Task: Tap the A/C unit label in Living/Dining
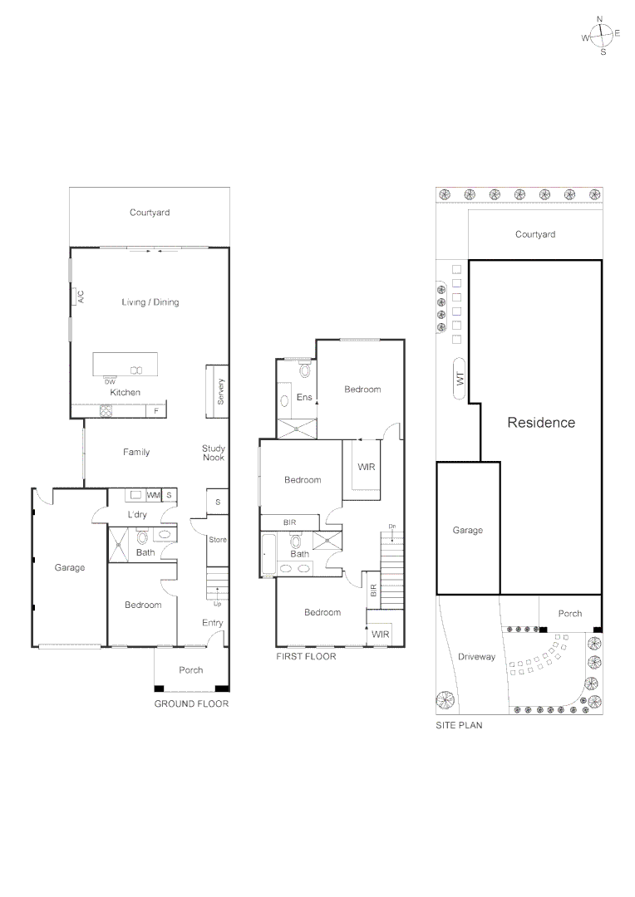(x=81, y=297)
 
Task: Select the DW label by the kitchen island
(x=110, y=381)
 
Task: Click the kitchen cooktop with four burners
(x=106, y=410)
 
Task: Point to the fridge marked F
(x=155, y=410)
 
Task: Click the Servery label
(x=220, y=391)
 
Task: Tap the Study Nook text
(x=213, y=453)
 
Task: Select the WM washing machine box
(x=153, y=496)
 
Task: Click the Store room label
(x=218, y=540)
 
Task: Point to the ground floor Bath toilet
(x=166, y=536)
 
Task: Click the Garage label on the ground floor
(x=70, y=568)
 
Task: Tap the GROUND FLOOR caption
(x=191, y=703)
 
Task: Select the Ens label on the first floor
(x=304, y=398)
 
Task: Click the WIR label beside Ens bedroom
(x=366, y=467)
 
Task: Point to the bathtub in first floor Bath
(x=268, y=554)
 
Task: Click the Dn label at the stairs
(x=392, y=527)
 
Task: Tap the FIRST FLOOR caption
(x=306, y=656)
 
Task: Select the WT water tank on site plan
(x=459, y=379)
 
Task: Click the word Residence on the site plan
(x=541, y=422)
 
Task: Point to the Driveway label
(x=476, y=656)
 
